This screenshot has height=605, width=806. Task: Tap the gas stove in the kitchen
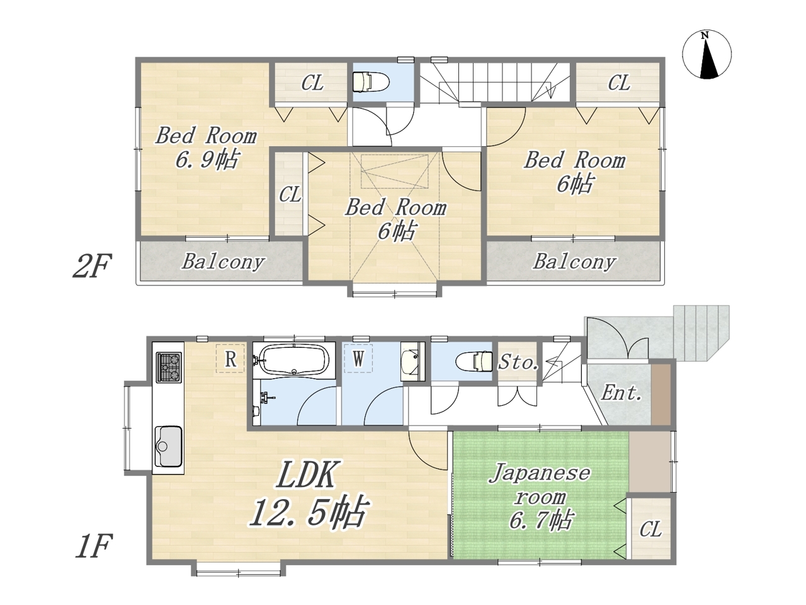169,367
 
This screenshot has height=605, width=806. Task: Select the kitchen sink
169,446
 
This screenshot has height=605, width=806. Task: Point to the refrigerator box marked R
230,359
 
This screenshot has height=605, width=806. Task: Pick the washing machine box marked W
358,358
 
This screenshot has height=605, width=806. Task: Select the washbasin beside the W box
412,362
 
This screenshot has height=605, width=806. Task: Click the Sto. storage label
518,363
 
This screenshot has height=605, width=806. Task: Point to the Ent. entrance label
621,393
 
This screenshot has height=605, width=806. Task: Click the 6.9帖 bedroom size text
207,159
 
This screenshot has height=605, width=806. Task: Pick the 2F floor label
92,265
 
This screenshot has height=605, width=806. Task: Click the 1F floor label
93,546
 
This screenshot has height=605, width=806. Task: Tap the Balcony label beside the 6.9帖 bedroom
223,262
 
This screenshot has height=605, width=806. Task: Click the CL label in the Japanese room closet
650,529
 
